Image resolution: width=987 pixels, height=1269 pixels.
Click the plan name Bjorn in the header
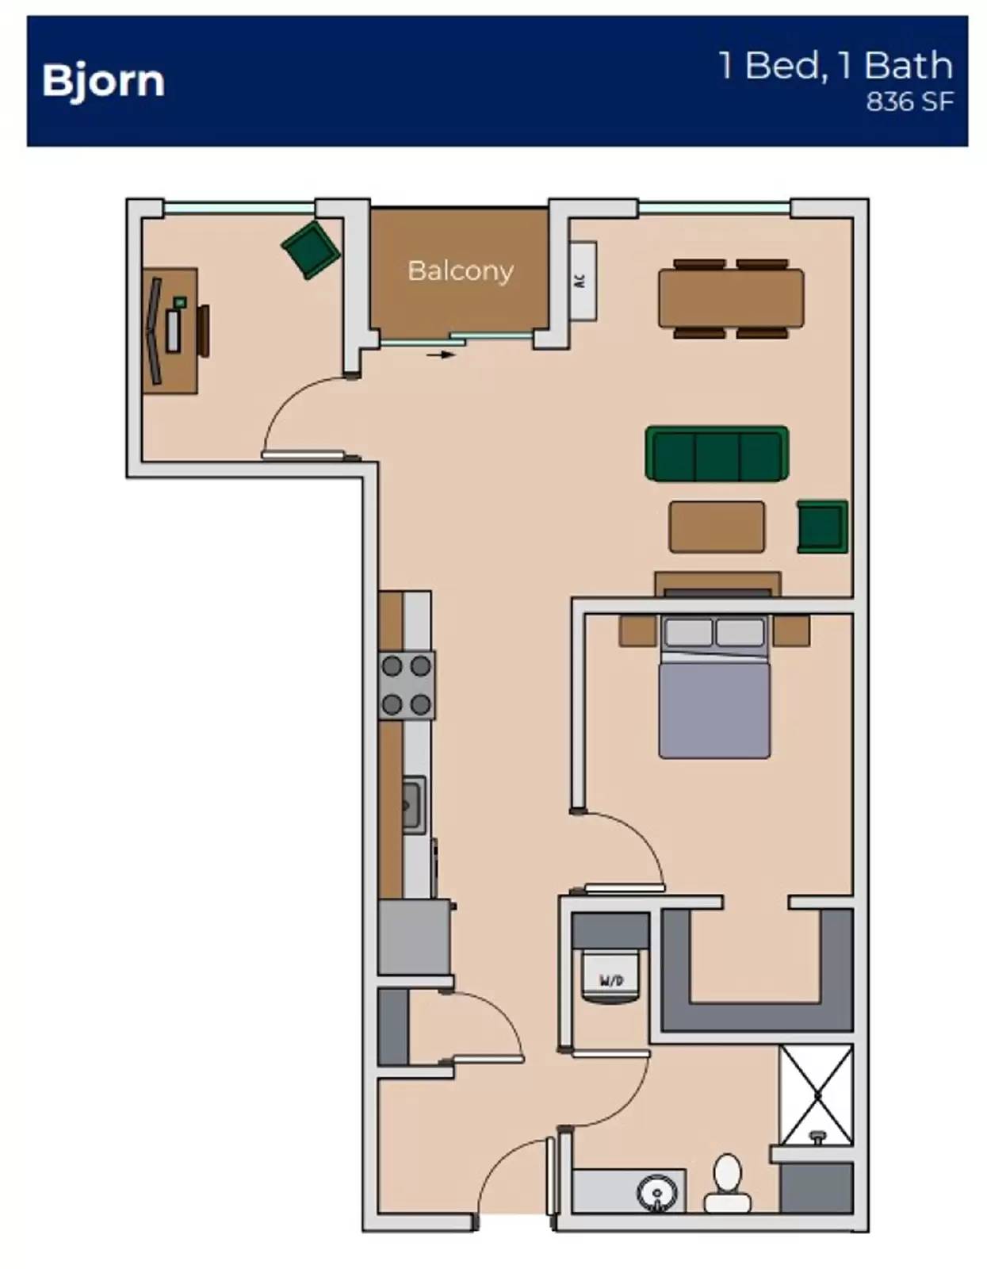(x=103, y=82)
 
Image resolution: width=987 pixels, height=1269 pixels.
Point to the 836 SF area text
(x=909, y=102)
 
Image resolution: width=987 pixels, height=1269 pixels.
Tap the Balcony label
(x=461, y=270)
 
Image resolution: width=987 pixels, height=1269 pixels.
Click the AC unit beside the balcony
(x=583, y=280)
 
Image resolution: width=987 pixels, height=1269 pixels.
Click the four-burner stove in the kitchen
(x=407, y=685)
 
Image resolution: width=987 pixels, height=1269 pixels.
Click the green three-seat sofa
(x=717, y=454)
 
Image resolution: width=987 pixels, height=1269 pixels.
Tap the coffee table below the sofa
(x=717, y=527)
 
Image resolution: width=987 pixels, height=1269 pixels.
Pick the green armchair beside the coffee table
(x=823, y=526)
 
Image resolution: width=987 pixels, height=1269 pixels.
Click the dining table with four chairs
(x=731, y=298)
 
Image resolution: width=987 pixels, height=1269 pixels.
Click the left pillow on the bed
(x=688, y=632)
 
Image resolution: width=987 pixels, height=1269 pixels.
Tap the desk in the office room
(x=170, y=331)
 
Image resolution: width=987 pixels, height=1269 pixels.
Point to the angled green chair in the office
(x=311, y=249)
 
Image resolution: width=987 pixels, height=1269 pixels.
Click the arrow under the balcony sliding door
(x=441, y=355)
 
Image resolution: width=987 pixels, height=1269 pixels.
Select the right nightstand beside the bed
(x=792, y=631)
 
